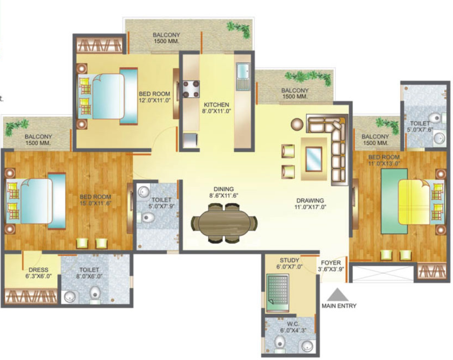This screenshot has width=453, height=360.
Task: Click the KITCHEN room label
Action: (216, 105)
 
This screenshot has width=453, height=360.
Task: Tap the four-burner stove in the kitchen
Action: (191, 89)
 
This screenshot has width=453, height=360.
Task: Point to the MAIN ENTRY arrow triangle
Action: (338, 295)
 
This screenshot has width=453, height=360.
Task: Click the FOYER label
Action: (331, 263)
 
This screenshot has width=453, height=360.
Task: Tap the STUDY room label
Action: (289, 260)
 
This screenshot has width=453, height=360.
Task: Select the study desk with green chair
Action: (277, 292)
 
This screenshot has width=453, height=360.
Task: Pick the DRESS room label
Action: (38, 270)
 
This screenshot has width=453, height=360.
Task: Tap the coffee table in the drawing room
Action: (314, 159)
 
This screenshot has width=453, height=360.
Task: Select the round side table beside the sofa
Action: (297, 124)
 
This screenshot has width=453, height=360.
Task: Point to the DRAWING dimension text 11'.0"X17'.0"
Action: (310, 207)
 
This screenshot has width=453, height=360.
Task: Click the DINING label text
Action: (223, 190)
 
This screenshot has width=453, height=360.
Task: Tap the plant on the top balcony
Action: (239, 29)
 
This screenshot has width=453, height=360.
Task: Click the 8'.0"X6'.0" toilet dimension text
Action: (89, 276)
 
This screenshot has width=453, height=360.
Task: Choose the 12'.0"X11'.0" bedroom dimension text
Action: (155, 101)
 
